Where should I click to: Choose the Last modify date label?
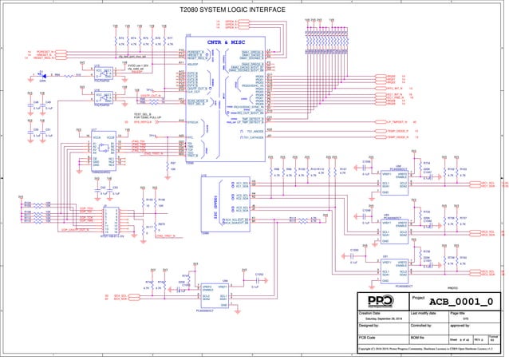pos(425,312)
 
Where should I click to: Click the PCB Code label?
pos(368,338)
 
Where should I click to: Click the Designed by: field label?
pos(373,326)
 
